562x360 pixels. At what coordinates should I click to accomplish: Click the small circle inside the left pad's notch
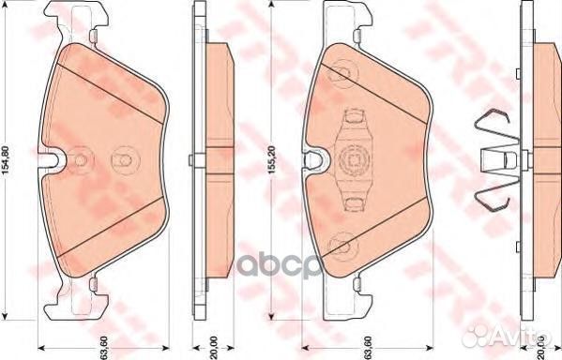point(81,160)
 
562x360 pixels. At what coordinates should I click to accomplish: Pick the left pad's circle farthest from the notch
point(121,160)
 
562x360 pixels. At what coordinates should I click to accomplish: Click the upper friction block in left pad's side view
point(218,94)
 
